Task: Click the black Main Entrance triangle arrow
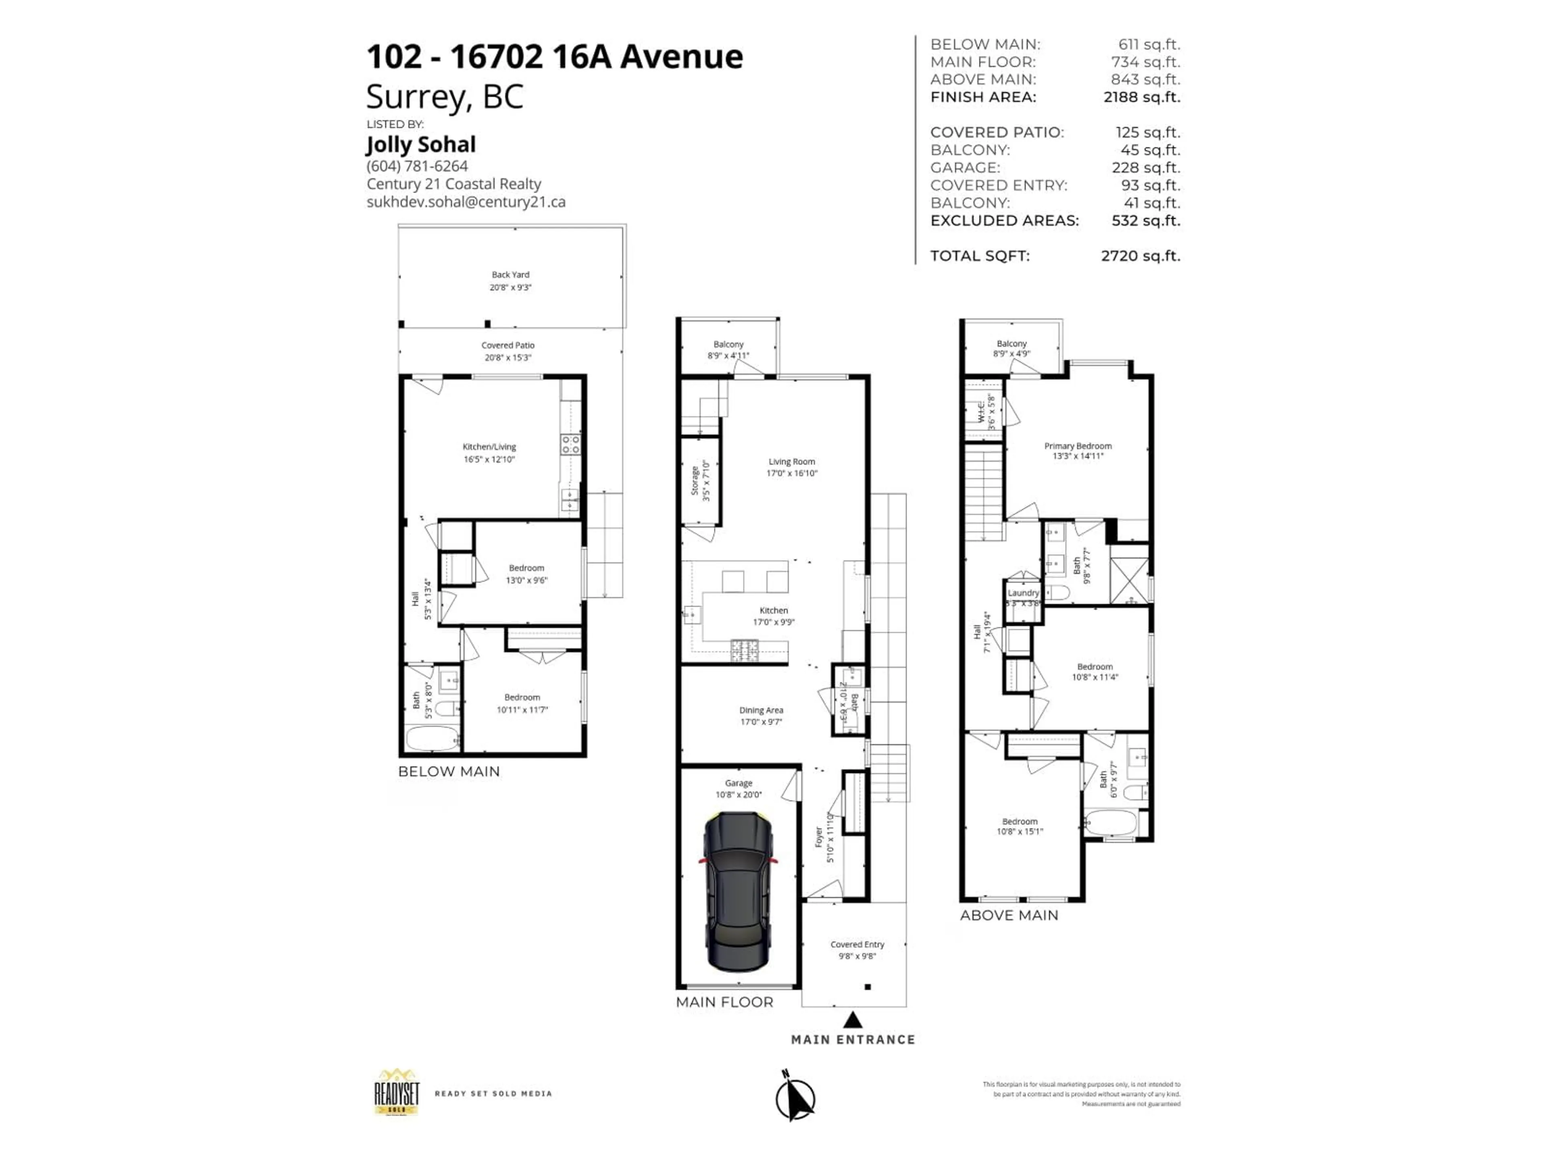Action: coord(852,1019)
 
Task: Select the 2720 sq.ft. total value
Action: coord(1140,256)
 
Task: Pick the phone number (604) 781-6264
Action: coord(417,166)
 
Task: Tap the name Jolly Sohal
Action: coord(420,145)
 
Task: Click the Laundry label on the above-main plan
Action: coord(1023,593)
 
